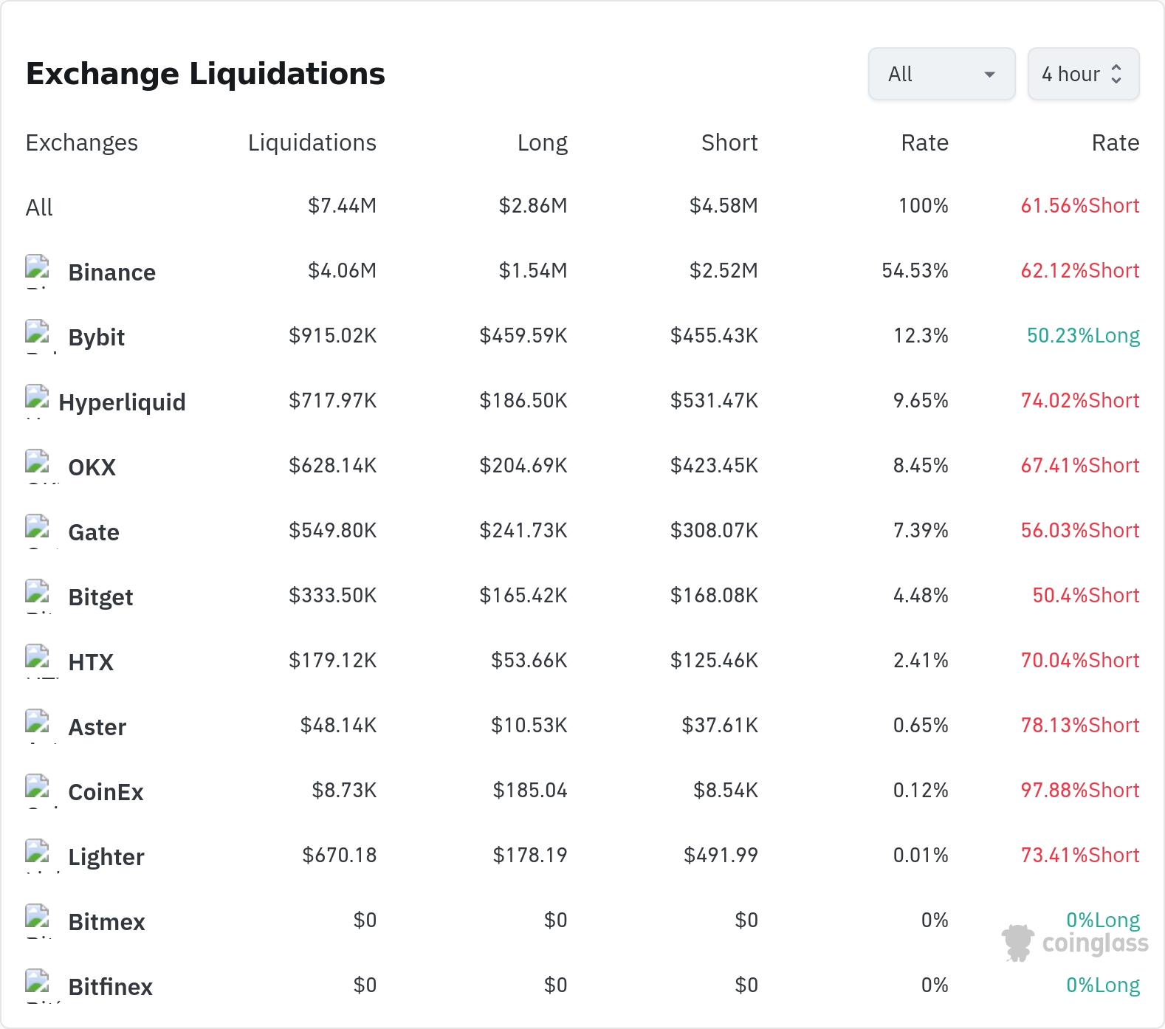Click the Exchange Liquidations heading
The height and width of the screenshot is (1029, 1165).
205,74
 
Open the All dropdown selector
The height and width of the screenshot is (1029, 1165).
941,74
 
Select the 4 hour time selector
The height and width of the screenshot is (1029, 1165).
1083,74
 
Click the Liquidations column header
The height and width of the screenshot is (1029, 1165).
312,142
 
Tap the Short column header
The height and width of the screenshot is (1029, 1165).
729,142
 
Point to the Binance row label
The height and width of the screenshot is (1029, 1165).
112,272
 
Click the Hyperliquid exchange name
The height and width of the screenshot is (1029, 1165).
123,402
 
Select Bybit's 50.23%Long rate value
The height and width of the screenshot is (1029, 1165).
1083,336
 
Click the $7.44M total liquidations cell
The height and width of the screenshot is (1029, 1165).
342,205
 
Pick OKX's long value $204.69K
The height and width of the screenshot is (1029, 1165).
523,465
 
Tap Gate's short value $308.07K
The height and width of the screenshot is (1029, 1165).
714,530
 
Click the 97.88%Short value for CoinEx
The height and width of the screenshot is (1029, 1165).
1080,790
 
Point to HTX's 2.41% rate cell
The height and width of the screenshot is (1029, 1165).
921,660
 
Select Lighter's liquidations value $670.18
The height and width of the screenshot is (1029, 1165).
340,855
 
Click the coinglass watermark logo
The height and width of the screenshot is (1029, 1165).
1075,943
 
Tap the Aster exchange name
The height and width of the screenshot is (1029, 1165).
97,727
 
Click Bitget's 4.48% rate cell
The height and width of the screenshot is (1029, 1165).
921,595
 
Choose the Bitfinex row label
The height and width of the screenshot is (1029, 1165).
111,987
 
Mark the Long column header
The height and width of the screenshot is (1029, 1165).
543,142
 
